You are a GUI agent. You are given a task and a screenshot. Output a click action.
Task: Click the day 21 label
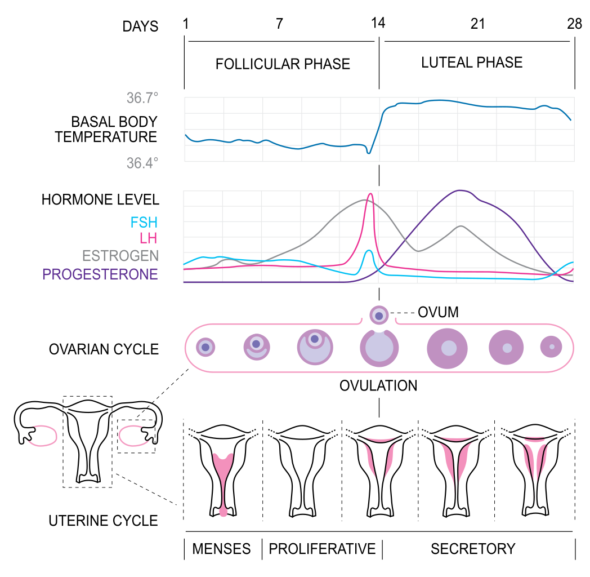(x=477, y=24)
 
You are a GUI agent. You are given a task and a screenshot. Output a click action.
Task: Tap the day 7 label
(x=279, y=24)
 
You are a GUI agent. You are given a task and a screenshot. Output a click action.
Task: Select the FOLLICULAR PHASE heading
(x=283, y=64)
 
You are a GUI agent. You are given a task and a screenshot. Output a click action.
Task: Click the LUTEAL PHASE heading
(x=472, y=62)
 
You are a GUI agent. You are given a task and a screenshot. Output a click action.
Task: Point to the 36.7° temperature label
(x=142, y=99)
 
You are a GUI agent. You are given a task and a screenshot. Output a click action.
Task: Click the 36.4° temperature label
(x=142, y=163)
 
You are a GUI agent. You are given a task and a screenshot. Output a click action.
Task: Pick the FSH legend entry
(x=144, y=223)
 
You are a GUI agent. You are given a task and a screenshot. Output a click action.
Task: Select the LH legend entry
(x=149, y=239)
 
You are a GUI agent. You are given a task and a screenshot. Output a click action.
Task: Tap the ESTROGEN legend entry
(x=120, y=256)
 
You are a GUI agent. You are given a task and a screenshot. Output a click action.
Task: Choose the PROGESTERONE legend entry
(x=100, y=274)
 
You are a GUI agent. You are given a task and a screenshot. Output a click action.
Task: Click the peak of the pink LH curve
(x=370, y=194)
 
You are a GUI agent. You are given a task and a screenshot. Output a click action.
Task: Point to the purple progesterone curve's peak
(x=461, y=190)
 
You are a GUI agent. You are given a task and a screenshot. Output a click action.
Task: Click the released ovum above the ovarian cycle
(x=379, y=315)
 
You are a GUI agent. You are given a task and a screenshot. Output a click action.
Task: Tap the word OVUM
(x=438, y=312)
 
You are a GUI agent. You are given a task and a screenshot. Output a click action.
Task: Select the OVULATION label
(x=378, y=386)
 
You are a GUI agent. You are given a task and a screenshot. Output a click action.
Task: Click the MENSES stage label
(x=222, y=548)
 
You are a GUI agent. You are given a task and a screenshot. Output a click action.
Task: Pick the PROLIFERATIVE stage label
(x=322, y=548)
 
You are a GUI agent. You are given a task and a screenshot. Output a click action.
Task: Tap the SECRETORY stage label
(x=473, y=548)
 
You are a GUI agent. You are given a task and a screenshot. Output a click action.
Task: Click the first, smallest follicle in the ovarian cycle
(x=205, y=347)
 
